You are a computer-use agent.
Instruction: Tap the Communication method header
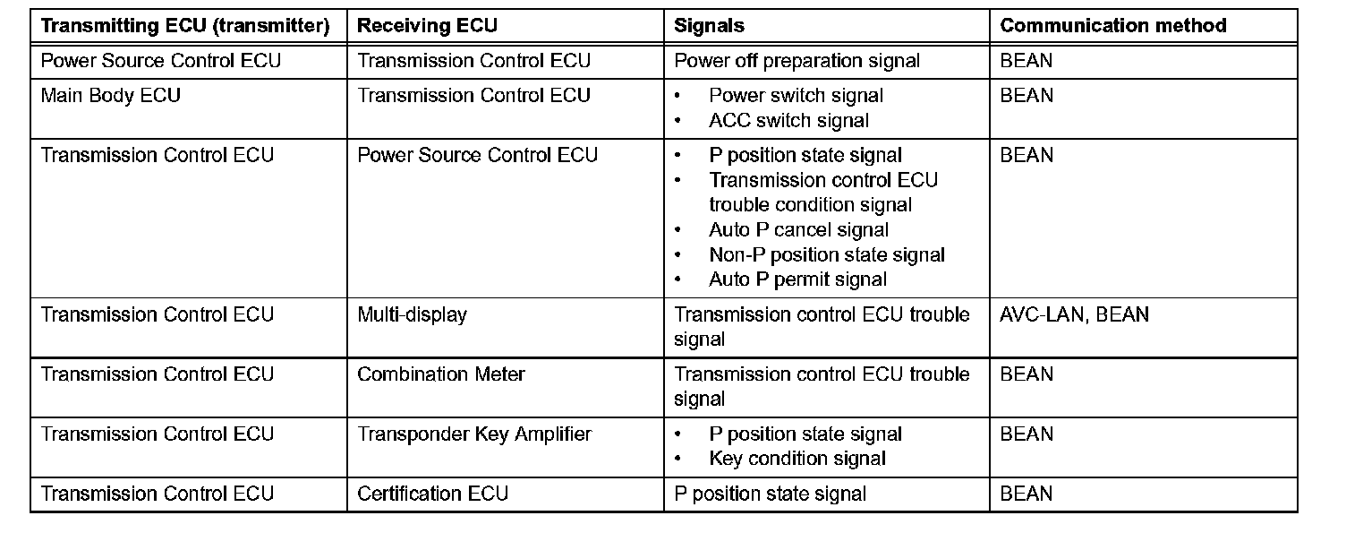click(1112, 26)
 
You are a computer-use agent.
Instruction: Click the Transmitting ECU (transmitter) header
click(185, 26)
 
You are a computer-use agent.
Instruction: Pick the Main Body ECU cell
click(111, 96)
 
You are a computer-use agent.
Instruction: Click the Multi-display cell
click(412, 315)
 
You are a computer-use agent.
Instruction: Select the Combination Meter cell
click(441, 374)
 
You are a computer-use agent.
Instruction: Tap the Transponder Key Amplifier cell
click(474, 434)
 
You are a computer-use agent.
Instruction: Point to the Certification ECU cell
click(432, 494)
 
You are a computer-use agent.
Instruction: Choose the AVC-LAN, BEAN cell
click(1074, 315)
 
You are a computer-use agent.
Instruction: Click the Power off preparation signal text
click(797, 61)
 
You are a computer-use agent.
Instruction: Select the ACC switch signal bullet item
click(788, 120)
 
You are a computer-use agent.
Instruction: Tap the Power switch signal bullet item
click(796, 96)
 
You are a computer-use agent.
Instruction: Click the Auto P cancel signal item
click(798, 230)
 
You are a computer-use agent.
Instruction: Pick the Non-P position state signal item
click(826, 255)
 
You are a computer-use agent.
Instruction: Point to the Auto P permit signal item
click(797, 279)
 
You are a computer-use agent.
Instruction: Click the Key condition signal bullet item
click(797, 459)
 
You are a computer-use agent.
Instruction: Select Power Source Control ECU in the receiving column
click(477, 156)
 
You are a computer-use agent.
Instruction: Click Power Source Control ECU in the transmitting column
click(161, 61)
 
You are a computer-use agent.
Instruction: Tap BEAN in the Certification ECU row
click(1027, 494)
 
